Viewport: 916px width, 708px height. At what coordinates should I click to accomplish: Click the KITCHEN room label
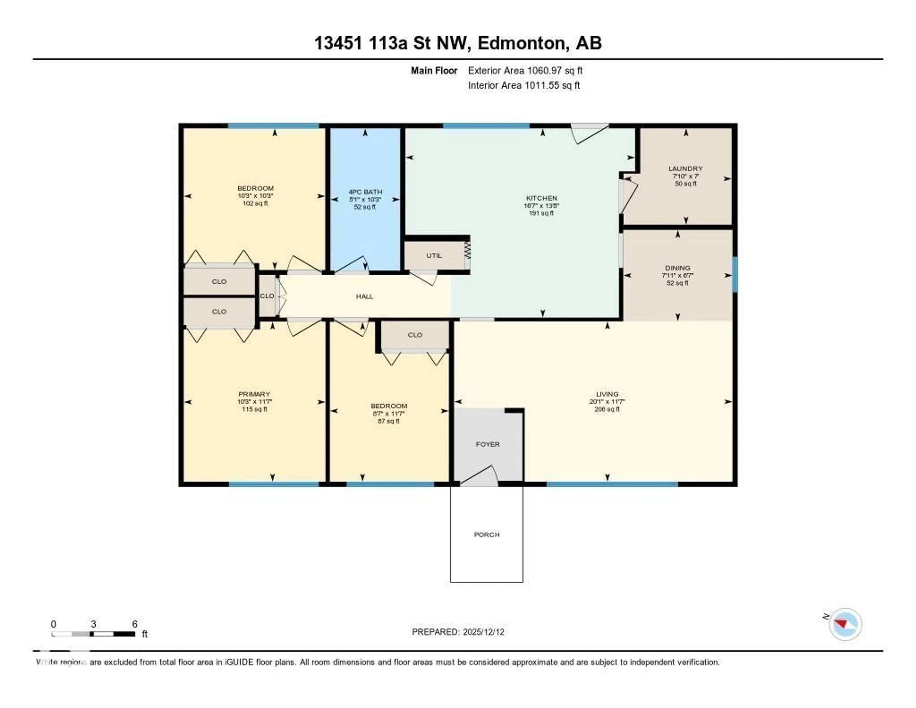point(541,198)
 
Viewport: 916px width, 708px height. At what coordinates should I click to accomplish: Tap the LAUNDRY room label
point(685,168)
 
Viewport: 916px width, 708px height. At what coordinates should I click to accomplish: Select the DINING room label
point(677,268)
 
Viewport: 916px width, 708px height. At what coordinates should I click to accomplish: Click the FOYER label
point(487,444)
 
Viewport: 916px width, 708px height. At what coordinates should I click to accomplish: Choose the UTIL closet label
point(434,255)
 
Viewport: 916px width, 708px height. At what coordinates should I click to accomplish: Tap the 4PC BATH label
point(365,192)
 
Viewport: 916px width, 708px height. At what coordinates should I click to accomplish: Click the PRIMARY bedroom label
point(254,394)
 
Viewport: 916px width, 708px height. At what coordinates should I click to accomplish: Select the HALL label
point(364,296)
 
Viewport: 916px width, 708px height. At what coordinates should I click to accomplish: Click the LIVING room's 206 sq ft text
point(607,409)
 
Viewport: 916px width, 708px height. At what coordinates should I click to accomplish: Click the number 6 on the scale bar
point(135,624)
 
